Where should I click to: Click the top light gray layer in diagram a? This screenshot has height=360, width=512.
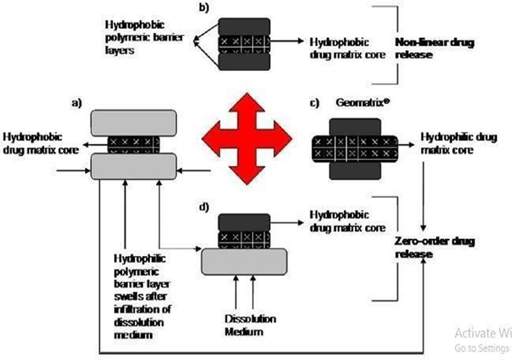click(133, 123)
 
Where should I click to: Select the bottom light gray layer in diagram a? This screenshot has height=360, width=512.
click(133, 166)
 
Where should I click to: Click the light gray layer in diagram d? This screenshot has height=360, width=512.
click(244, 260)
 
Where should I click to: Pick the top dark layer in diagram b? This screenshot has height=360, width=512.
click(244, 26)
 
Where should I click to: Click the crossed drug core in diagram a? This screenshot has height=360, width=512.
click(133, 145)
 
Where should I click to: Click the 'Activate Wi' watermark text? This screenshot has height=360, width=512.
click(482, 333)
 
